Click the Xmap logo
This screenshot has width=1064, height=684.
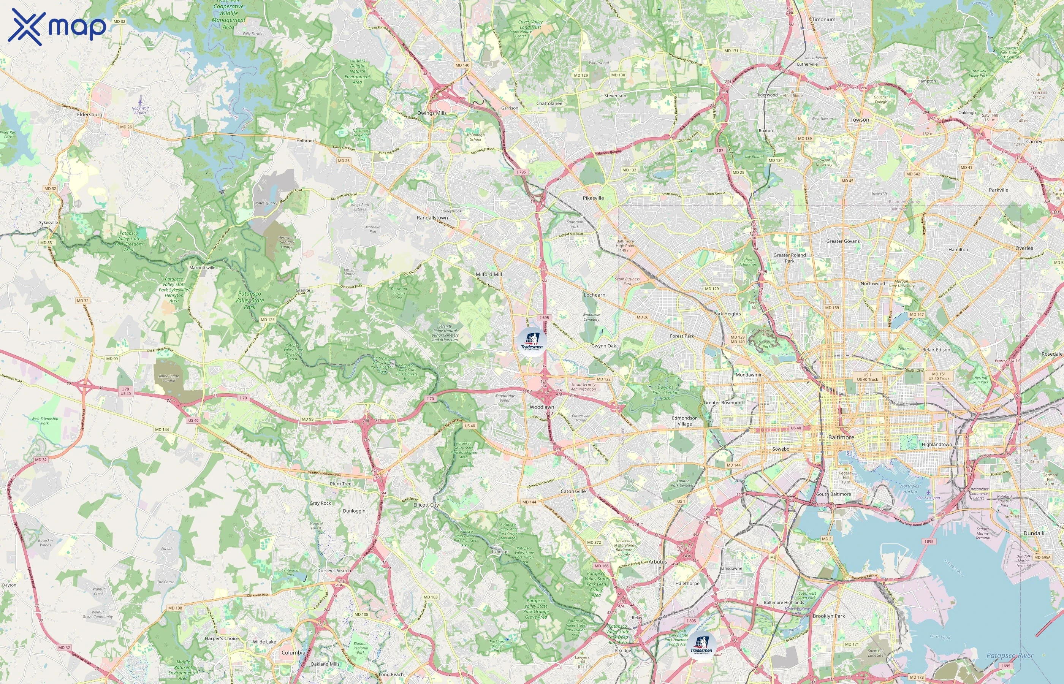(x=57, y=27)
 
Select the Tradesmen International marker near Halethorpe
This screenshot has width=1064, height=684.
(x=701, y=648)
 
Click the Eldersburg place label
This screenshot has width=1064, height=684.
(x=90, y=115)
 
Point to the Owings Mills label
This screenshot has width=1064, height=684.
(x=432, y=113)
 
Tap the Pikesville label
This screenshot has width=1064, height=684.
(x=593, y=198)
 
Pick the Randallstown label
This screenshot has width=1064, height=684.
(x=432, y=218)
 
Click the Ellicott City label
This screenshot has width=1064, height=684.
(x=426, y=505)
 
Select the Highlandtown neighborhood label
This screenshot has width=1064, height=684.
(x=937, y=445)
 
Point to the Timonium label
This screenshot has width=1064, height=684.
(x=824, y=19)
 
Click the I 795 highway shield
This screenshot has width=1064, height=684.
(x=521, y=172)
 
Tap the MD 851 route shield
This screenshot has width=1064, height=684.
(x=47, y=243)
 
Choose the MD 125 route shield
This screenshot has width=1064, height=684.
(x=268, y=320)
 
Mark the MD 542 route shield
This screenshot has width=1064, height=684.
(x=913, y=174)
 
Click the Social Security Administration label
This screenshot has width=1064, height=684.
(x=583, y=387)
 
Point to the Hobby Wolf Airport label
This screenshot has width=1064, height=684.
(x=140, y=110)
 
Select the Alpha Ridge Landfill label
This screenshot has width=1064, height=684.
(x=169, y=378)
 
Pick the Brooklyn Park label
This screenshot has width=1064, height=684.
(x=829, y=616)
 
